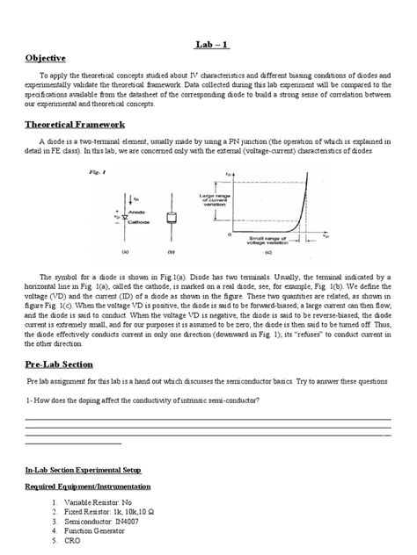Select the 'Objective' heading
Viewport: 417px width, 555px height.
tap(47, 58)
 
